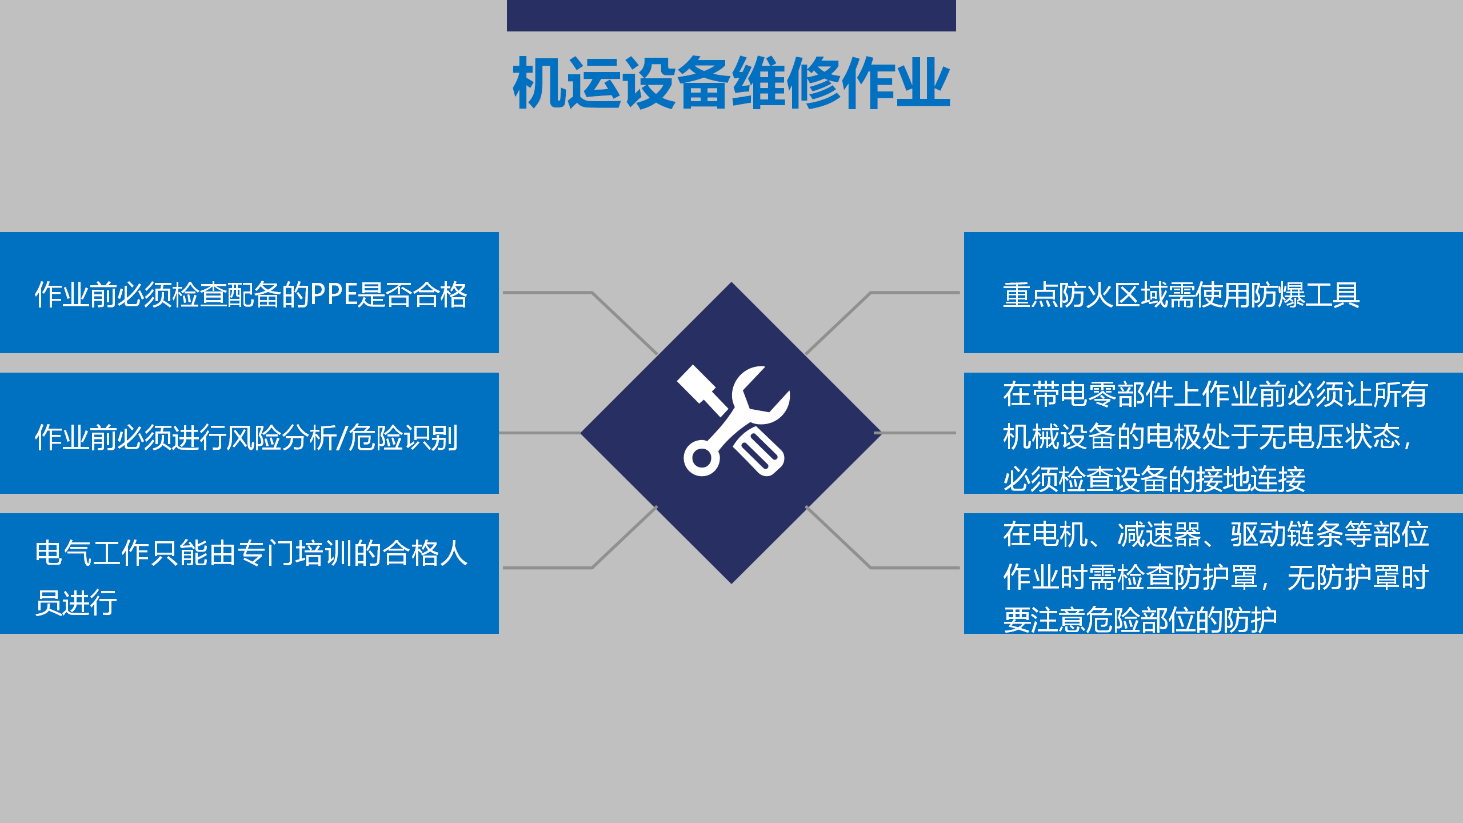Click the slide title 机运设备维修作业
(x=731, y=83)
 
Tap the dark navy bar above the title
(x=731, y=15)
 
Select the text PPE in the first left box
(x=333, y=295)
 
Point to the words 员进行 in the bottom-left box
(x=76, y=602)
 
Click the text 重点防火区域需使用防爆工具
(x=1181, y=295)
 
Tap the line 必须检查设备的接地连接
(x=1154, y=479)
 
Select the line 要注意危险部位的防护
(x=1140, y=620)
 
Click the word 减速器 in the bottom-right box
(x=1160, y=535)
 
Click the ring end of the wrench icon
(x=701, y=458)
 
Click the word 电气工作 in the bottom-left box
(x=91, y=553)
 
